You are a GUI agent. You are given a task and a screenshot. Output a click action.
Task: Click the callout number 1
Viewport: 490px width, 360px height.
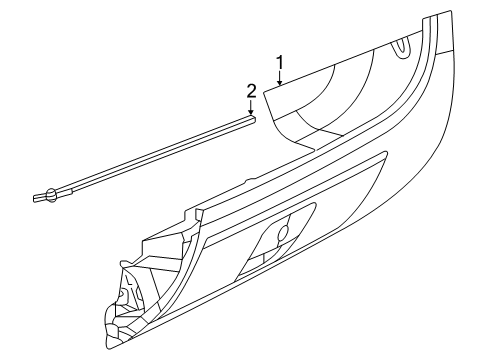click(x=281, y=61)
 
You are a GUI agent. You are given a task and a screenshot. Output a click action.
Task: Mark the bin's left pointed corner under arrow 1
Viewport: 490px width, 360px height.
click(x=265, y=90)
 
